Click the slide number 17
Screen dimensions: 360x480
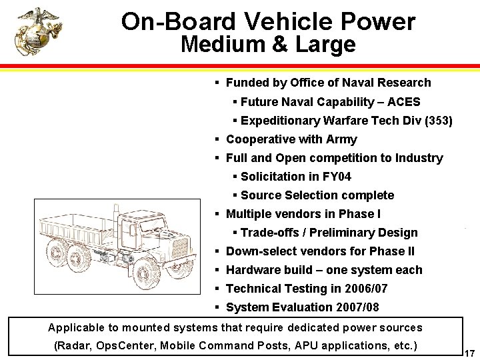469,353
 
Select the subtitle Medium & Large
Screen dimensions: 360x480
268,45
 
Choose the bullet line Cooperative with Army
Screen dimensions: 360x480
291,139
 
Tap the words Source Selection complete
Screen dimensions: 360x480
317,195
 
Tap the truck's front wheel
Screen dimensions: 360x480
145,271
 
